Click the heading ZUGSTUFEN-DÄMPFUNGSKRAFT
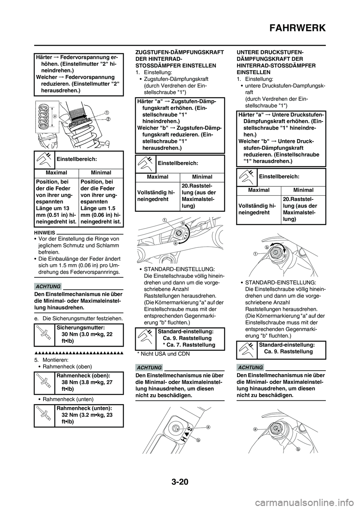(179, 53)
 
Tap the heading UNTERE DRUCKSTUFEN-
(270, 53)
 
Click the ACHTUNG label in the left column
(49, 287)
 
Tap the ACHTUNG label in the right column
(250, 367)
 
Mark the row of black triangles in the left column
(79, 353)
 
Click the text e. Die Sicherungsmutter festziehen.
(79, 318)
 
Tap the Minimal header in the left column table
(100, 173)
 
